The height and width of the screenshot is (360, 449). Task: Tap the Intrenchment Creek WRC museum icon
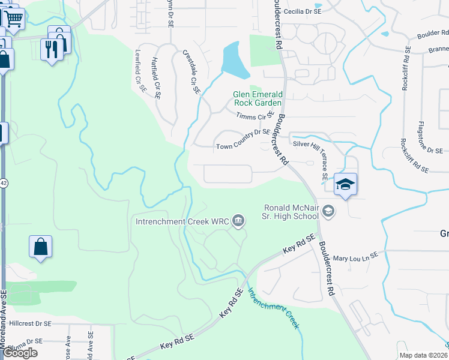(x=238, y=221)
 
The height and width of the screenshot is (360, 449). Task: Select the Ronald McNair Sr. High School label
(x=291, y=212)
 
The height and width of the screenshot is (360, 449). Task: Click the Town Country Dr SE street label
(x=243, y=146)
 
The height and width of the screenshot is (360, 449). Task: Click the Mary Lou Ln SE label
(x=355, y=256)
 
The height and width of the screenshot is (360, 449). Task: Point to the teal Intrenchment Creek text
(x=273, y=307)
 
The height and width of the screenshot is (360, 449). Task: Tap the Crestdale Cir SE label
(x=190, y=72)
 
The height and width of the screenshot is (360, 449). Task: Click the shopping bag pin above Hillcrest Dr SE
(x=40, y=247)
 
